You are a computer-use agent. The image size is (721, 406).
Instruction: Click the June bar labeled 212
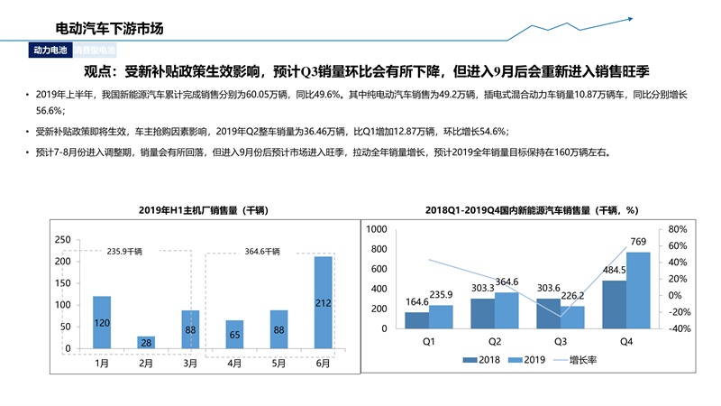(x=323, y=302)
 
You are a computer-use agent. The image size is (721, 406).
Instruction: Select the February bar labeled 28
(x=146, y=342)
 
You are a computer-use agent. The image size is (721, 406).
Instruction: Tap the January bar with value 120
(x=102, y=322)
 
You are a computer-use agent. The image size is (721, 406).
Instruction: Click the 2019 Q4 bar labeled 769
(x=638, y=292)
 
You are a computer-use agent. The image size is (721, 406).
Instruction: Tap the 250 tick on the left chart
(x=62, y=240)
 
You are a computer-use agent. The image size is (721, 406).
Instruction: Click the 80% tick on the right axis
(x=679, y=229)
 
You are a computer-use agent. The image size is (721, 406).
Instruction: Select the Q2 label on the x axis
(x=494, y=342)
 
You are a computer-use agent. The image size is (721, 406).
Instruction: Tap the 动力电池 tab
(x=51, y=51)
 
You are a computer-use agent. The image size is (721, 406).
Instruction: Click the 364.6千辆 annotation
(x=262, y=251)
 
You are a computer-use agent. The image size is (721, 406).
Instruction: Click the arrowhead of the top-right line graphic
(x=632, y=17)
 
